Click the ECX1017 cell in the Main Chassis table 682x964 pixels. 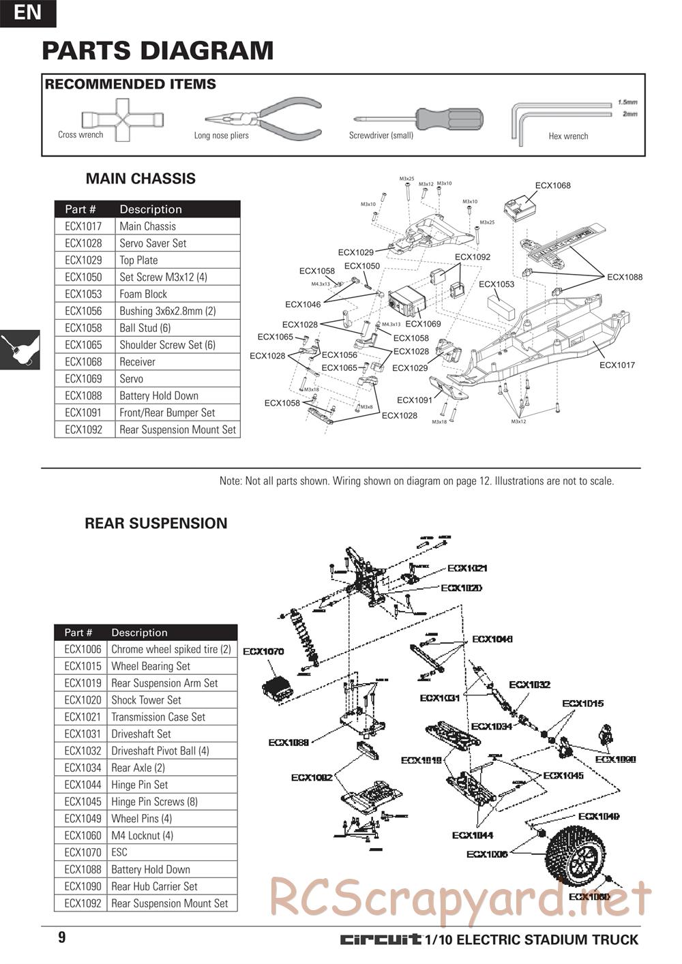[83, 226]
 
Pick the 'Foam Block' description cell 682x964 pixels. [143, 294]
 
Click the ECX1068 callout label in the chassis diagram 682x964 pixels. [552, 185]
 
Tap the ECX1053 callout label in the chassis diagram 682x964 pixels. [496, 284]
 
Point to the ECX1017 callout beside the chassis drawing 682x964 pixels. [617, 365]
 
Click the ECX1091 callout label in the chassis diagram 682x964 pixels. [415, 400]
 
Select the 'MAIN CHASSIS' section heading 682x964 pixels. [140, 179]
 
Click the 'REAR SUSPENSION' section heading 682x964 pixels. [155, 524]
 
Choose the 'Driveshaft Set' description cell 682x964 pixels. [141, 734]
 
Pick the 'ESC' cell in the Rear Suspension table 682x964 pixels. [119, 852]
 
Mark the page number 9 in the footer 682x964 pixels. [62, 937]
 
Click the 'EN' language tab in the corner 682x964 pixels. [27, 12]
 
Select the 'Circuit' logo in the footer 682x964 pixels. [381, 940]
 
